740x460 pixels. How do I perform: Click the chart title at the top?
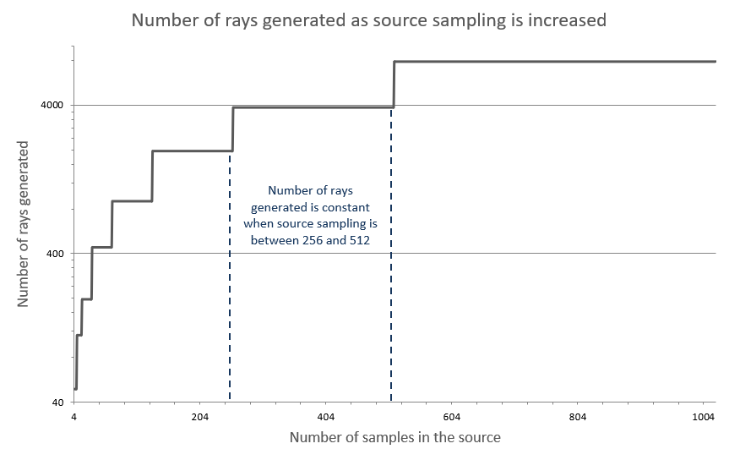(369, 20)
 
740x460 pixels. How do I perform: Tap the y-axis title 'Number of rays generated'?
(24, 223)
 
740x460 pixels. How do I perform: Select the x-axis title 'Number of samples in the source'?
(394, 437)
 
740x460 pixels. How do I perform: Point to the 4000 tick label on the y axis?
(52, 106)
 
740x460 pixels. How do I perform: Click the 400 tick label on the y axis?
(55, 254)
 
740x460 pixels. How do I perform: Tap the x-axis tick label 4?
(74, 418)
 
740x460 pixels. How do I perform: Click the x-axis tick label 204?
(200, 418)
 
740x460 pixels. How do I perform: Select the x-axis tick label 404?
(326, 418)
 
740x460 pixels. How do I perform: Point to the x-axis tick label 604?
(452, 418)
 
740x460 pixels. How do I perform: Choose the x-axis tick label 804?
(578, 418)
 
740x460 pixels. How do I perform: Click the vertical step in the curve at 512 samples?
(394, 85)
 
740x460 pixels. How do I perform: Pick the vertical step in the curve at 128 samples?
(152, 176)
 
